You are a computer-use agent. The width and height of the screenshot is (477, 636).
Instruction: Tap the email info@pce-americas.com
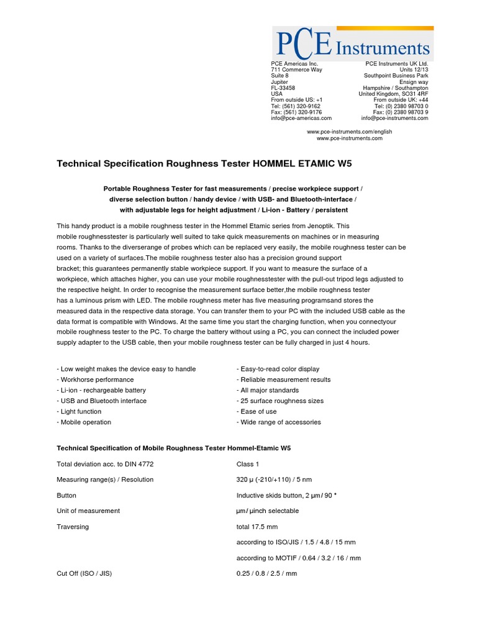301,118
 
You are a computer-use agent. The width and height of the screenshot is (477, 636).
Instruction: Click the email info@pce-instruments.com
394,118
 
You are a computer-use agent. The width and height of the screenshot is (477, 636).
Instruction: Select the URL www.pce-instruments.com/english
349,132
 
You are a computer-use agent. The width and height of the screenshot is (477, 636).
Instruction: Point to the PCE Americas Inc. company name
294,63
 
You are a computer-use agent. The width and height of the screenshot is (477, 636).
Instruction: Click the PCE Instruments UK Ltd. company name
396,63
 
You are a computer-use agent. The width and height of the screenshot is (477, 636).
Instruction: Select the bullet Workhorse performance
95,379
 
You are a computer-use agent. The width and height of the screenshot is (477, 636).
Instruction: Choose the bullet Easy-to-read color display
278,369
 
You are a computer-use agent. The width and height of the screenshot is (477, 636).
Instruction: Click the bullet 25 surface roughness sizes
279,401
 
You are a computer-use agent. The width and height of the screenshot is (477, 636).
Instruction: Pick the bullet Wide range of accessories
278,422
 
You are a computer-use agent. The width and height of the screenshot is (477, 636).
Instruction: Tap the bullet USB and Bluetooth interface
101,401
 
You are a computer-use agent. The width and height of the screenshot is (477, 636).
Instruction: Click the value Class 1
248,464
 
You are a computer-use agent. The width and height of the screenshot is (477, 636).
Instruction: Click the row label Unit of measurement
88,511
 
